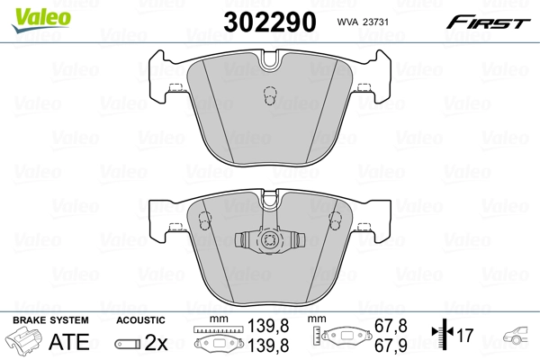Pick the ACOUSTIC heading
(140, 320)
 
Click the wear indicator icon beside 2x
(129, 343)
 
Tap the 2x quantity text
(157, 343)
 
